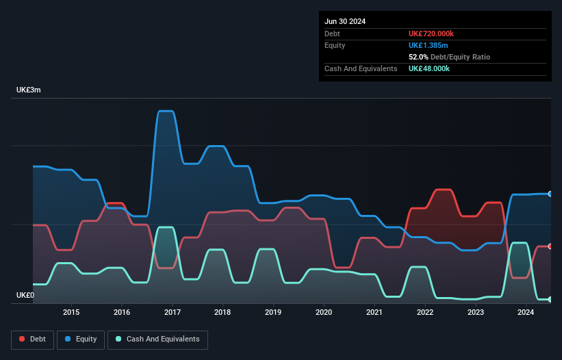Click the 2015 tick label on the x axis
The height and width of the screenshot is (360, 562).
pos(71,312)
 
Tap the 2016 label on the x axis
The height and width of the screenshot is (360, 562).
pos(122,312)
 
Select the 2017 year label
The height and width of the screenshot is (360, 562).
pos(172,312)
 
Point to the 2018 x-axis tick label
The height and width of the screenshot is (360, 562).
pos(222,312)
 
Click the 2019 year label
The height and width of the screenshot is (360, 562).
pos(273,312)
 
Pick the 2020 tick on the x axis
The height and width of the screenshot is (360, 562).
pos(324,312)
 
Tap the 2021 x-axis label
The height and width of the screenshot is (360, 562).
pos(374,312)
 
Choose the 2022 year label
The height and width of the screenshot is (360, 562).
pos(425,312)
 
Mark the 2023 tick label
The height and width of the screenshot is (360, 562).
pos(476,312)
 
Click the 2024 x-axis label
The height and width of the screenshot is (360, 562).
pos(526,312)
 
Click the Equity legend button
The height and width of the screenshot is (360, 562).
pos(81,339)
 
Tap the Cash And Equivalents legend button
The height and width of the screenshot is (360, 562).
pos(157,339)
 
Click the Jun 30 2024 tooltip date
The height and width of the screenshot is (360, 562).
pos(345,21)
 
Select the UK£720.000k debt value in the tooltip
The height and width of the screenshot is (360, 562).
pos(431,34)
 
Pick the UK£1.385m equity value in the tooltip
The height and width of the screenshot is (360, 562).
pos(428,45)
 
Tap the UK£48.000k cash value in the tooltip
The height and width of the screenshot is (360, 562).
pos(429,68)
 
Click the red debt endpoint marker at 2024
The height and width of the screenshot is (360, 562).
pos(550,246)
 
